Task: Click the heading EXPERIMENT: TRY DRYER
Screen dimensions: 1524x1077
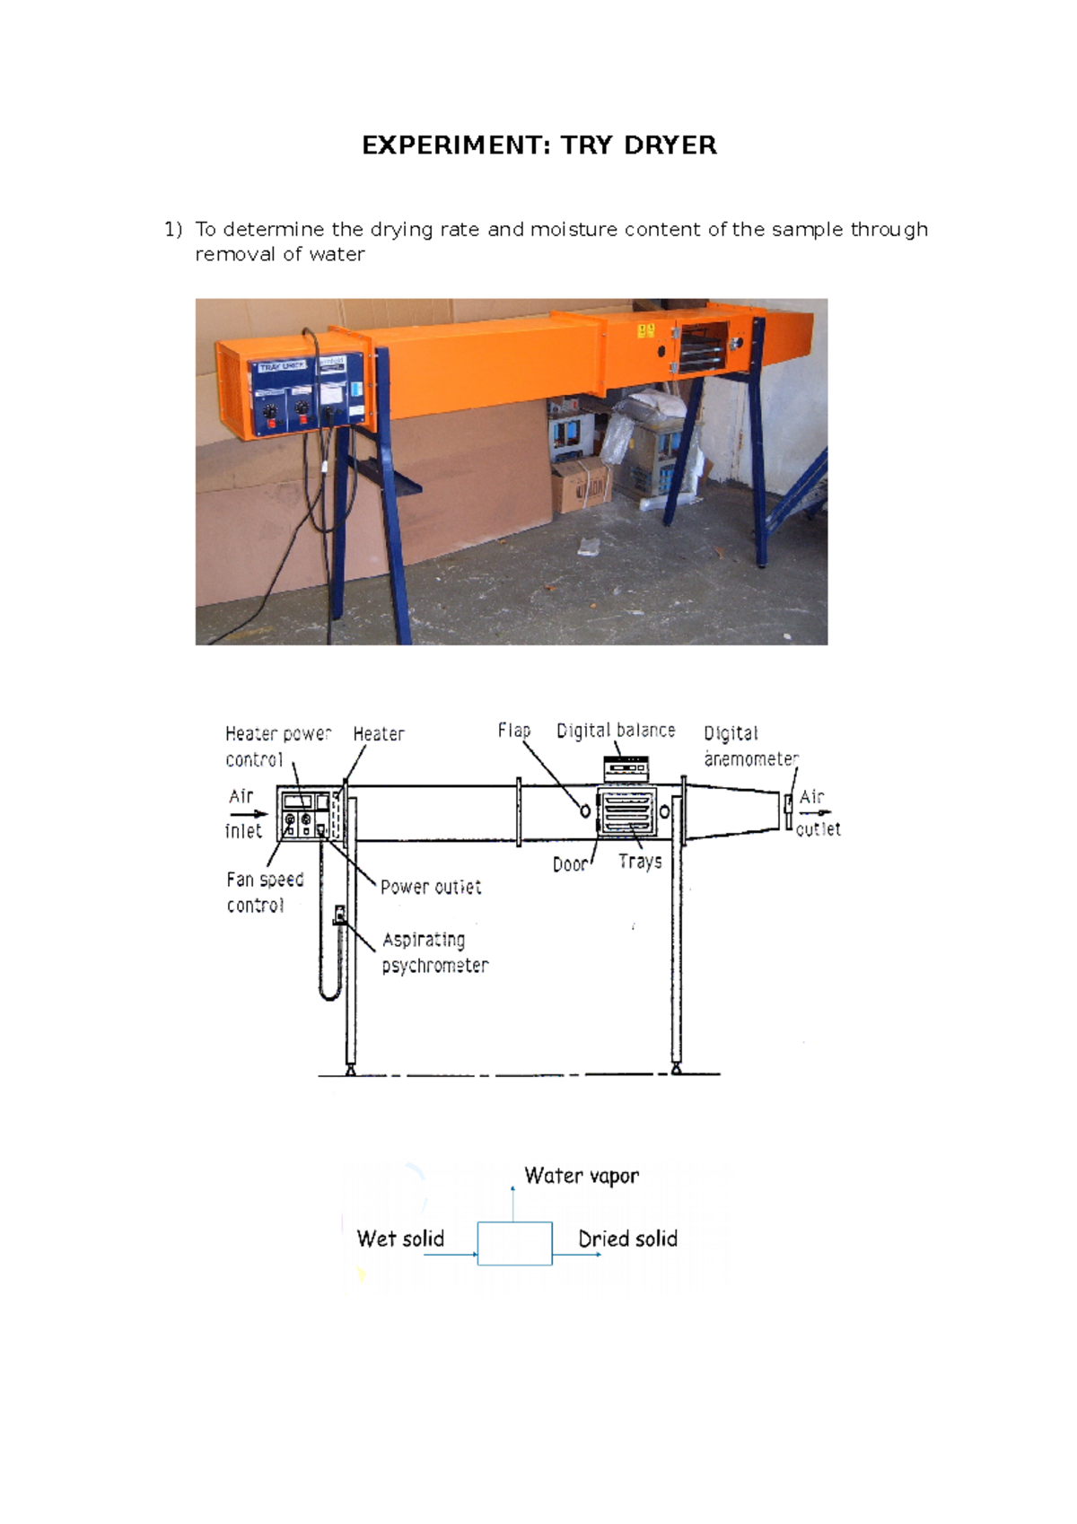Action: pyautogui.click(x=538, y=145)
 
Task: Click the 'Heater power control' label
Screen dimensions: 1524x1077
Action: pyautogui.click(x=277, y=747)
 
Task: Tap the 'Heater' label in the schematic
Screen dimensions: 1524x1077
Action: pyautogui.click(x=378, y=734)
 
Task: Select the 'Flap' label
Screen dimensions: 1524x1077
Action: pyautogui.click(x=514, y=731)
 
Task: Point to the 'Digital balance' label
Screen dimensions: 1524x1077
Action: pyautogui.click(x=616, y=731)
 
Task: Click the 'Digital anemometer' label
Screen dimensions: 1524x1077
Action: pyautogui.click(x=749, y=746)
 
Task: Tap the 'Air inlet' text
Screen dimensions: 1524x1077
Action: pyautogui.click(x=242, y=813)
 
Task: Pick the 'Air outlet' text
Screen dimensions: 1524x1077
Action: pyautogui.click(x=818, y=813)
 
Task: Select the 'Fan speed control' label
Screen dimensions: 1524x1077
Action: pyautogui.click(x=265, y=892)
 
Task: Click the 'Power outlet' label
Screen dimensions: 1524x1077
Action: pyautogui.click(x=431, y=888)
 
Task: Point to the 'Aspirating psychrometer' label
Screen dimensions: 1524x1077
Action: pyautogui.click(x=434, y=952)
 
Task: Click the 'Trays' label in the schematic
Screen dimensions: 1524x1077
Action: pyautogui.click(x=640, y=862)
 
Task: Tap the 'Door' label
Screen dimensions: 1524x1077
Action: pyautogui.click(x=570, y=864)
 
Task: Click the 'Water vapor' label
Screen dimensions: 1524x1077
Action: pyautogui.click(x=582, y=1176)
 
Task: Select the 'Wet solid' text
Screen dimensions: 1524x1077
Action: pyautogui.click(x=400, y=1239)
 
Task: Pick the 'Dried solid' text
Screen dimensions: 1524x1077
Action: pyautogui.click(x=627, y=1239)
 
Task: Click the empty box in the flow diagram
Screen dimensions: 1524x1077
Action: pyautogui.click(x=514, y=1243)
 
